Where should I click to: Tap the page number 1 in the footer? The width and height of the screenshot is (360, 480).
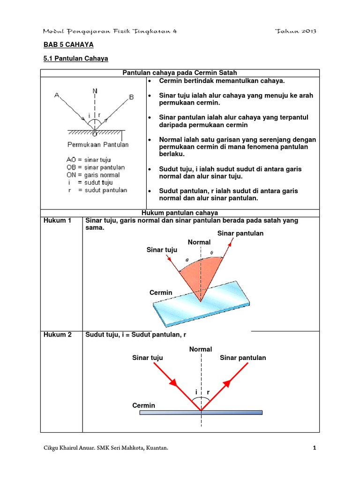[x=315, y=449]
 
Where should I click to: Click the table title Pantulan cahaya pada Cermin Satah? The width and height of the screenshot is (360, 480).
[x=180, y=73]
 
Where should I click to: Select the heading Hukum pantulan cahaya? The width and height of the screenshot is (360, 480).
[x=180, y=213]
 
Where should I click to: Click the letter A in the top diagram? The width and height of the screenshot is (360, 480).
[x=57, y=95]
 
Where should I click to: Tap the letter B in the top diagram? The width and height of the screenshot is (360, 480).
[x=131, y=97]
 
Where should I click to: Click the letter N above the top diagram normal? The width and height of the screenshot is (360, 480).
[x=95, y=91]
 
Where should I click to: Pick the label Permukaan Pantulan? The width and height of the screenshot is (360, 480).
[x=98, y=144]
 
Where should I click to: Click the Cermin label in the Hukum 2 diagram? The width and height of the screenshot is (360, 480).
[x=143, y=405]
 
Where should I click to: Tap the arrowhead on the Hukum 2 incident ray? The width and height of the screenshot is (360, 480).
[x=174, y=383]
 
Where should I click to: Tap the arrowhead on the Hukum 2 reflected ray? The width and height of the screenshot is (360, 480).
[x=227, y=383]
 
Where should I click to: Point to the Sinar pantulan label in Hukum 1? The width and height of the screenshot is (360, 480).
[x=240, y=233]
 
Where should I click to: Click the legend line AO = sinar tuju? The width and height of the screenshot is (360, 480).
[x=89, y=160]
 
